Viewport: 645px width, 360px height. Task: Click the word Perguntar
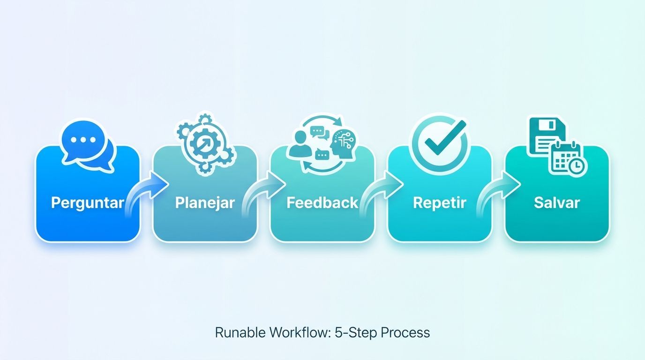88,203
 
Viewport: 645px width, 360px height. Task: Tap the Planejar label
205,203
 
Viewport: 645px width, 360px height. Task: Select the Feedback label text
322,203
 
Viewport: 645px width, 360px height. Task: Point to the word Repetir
439,203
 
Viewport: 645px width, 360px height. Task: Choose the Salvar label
557,203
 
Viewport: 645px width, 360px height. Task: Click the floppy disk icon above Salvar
547,135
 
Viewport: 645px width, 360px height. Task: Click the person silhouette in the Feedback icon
298,144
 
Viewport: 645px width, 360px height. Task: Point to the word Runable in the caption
240,332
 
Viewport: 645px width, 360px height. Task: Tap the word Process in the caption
405,332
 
